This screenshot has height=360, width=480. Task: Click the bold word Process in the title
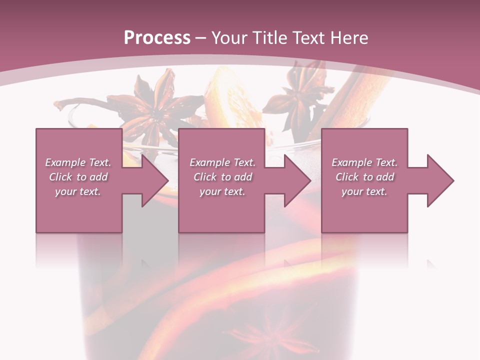tap(157, 38)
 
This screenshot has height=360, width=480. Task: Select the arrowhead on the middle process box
tap(297, 180)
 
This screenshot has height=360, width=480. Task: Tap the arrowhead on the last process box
tap(440, 180)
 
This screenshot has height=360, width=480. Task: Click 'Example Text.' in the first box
tap(78, 162)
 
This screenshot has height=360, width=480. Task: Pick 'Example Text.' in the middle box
tap(222, 162)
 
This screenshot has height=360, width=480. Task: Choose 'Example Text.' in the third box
tap(364, 162)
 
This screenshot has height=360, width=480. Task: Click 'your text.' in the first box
tap(78, 191)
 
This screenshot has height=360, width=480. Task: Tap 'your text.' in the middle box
tap(222, 191)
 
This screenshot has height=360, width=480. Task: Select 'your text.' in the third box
tap(364, 191)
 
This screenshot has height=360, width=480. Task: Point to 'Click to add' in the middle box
tap(222, 177)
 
